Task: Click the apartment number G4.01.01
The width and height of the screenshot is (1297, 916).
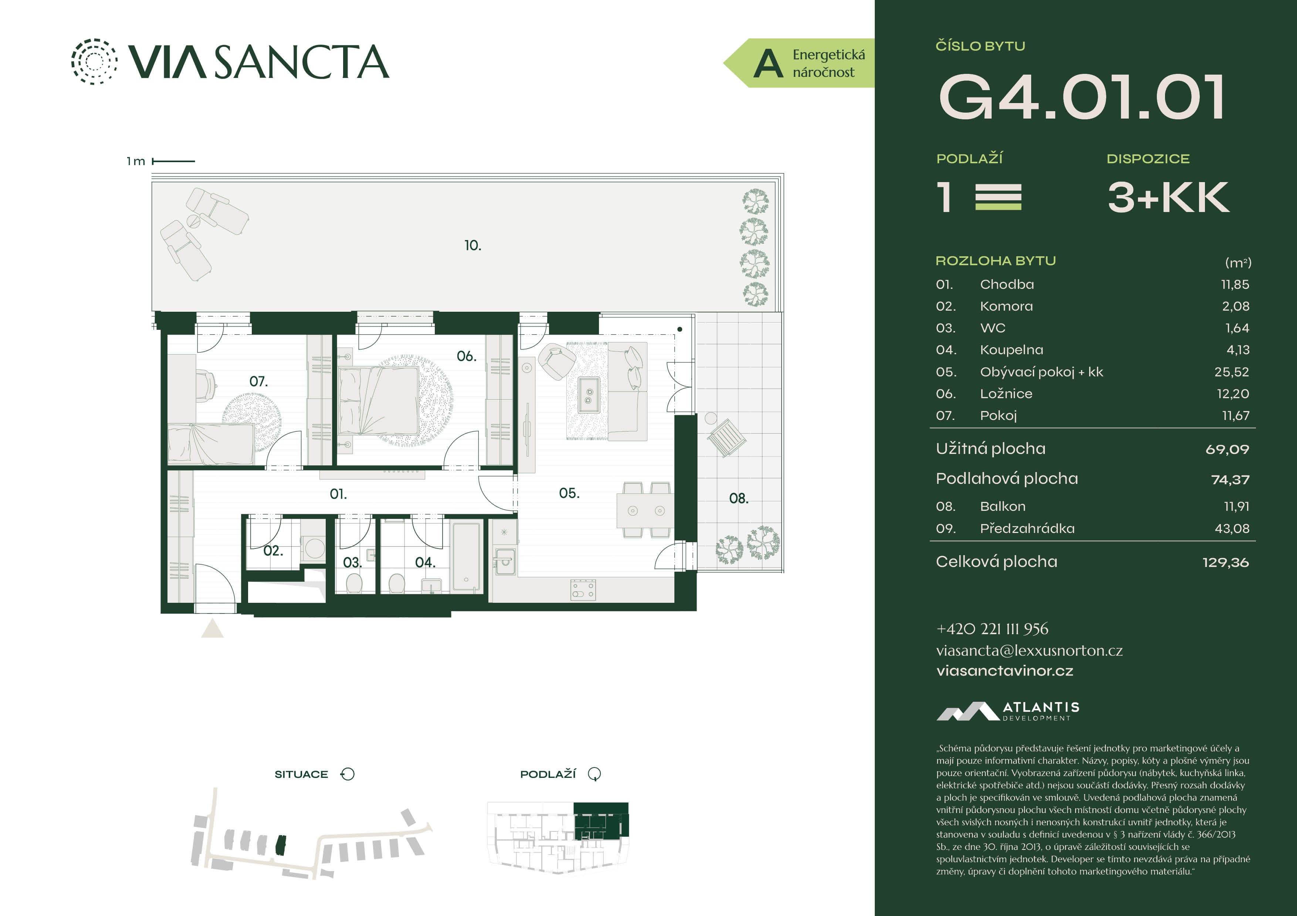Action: click(x=1081, y=97)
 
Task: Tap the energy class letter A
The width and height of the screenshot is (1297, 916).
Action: click(x=768, y=63)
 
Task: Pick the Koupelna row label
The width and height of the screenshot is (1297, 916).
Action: click(x=1011, y=350)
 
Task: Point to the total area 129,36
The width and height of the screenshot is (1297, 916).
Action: click(x=1225, y=562)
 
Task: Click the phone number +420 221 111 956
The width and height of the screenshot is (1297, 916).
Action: click(x=992, y=629)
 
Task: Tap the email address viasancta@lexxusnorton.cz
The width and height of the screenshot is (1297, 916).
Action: click(x=1029, y=651)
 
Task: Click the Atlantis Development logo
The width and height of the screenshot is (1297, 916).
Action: click(x=1008, y=711)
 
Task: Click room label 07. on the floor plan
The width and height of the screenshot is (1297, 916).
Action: click(x=258, y=382)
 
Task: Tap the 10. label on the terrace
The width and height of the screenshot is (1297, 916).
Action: click(x=473, y=246)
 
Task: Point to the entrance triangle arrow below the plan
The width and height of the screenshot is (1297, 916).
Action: click(x=212, y=629)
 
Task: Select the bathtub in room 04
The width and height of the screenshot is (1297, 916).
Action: click(x=467, y=557)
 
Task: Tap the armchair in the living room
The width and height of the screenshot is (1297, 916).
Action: click(x=557, y=362)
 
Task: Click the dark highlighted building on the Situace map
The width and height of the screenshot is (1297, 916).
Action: click(x=281, y=845)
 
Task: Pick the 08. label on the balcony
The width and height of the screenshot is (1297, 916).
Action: click(x=738, y=498)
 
